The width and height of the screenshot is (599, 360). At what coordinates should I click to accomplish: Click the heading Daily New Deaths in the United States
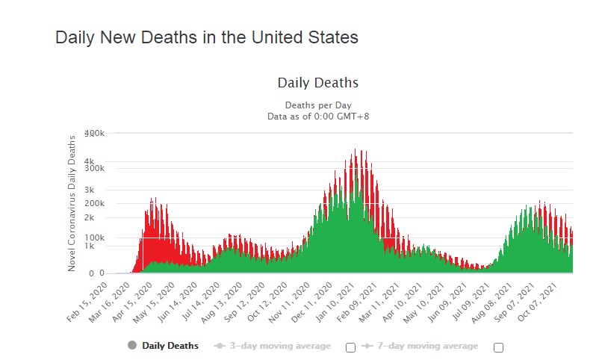(x=207, y=37)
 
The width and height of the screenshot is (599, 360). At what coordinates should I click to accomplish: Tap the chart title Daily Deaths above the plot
(x=318, y=83)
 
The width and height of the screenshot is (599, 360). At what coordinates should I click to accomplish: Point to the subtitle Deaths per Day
(x=318, y=105)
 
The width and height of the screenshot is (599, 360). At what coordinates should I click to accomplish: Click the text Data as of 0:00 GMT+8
(x=318, y=116)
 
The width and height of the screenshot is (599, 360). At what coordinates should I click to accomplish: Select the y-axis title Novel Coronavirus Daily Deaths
(x=72, y=203)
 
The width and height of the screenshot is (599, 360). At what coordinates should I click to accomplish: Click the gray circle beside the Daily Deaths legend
(x=132, y=346)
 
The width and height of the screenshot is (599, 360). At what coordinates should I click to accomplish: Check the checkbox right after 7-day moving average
(x=499, y=347)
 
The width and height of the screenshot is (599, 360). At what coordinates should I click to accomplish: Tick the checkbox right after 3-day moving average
(x=350, y=347)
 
